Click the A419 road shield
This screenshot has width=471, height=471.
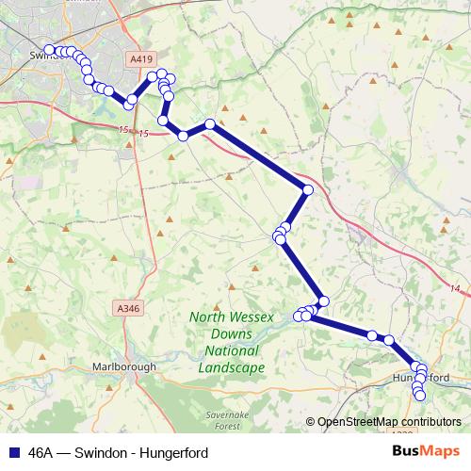[141, 58]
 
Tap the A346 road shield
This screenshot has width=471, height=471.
[128, 307]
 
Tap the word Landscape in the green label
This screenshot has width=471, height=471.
[232, 367]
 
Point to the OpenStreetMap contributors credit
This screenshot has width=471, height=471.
[388, 421]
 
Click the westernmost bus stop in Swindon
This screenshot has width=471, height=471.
[49, 50]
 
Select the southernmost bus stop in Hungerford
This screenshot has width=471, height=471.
[420, 397]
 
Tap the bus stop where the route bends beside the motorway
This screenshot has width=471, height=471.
[307, 190]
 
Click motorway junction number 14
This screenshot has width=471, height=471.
[453, 288]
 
